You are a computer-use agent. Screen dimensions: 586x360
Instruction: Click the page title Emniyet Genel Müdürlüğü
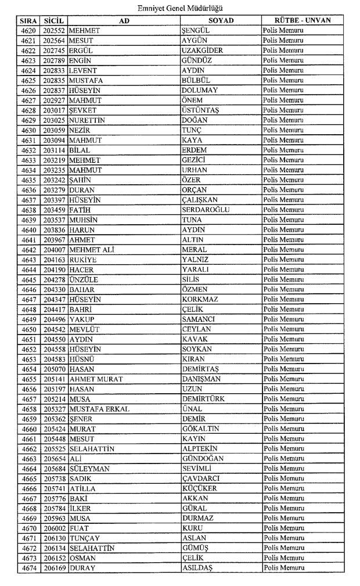click(180, 8)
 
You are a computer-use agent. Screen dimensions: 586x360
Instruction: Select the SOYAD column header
click(220, 20)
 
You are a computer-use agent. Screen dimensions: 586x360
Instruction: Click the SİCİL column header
click(54, 20)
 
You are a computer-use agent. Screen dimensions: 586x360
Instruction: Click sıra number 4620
click(28, 30)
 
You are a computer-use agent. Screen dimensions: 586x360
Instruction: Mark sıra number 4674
click(28, 568)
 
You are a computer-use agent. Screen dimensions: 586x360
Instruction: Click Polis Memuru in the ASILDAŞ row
click(283, 568)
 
